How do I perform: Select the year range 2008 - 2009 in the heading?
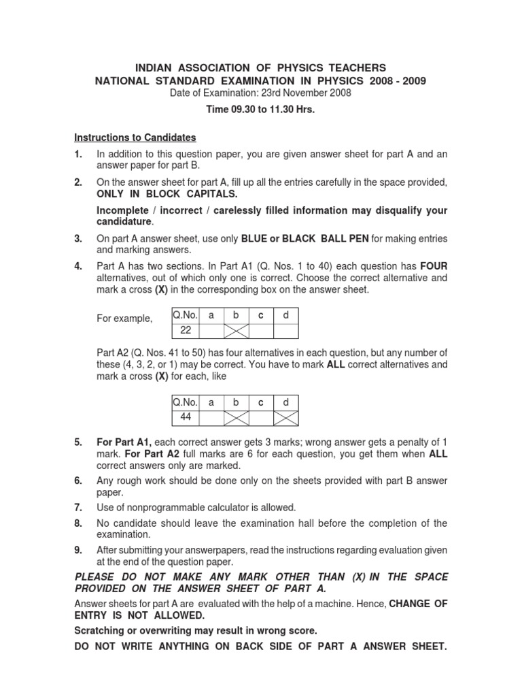click(x=397, y=81)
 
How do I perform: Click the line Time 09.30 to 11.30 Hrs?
click(x=260, y=110)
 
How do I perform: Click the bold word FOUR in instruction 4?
click(x=433, y=266)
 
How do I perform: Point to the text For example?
click(x=125, y=319)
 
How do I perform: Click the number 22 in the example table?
click(x=186, y=330)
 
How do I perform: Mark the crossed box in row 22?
click(x=237, y=331)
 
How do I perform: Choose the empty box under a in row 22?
click(x=211, y=331)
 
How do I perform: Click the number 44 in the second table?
click(x=186, y=417)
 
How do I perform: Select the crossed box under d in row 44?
click(x=285, y=417)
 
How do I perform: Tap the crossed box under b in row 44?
click(x=237, y=417)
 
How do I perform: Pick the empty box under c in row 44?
click(x=260, y=417)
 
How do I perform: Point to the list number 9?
click(x=78, y=550)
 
